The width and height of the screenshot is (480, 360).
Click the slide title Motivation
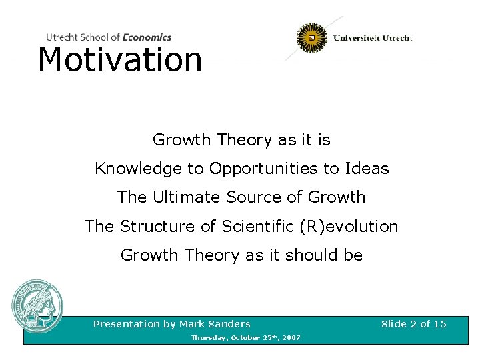[120, 60]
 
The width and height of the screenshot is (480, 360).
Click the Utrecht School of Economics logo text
[109, 37]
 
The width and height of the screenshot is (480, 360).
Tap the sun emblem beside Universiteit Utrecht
[311, 38]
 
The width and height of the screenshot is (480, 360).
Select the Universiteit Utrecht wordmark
[373, 38]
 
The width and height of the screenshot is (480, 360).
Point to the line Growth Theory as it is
[241, 140]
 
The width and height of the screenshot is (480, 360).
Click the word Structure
[157, 227]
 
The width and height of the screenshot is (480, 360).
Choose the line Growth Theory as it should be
[241, 255]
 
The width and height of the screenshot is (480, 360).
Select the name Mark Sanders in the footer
[215, 324]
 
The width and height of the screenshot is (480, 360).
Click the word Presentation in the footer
[127, 324]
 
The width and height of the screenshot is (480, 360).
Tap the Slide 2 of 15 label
[413, 324]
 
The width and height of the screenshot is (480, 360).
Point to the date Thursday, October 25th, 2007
[245, 338]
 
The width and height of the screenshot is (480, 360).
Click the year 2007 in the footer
[291, 338]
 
